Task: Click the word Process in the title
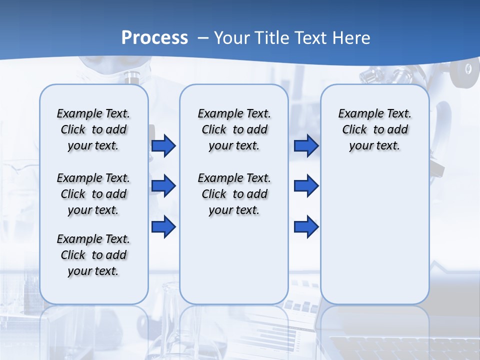(154, 37)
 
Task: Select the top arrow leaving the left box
(163, 145)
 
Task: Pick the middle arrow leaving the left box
(163, 186)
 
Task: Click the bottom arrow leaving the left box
(163, 226)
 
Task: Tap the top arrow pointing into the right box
(306, 145)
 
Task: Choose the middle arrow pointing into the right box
(306, 186)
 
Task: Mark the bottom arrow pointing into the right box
(306, 226)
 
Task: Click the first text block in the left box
(93, 129)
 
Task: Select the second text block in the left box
(93, 194)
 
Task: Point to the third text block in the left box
(93, 255)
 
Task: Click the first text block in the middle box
(234, 129)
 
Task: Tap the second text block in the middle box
(234, 194)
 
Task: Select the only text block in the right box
(375, 129)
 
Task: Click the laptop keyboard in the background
(400, 347)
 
